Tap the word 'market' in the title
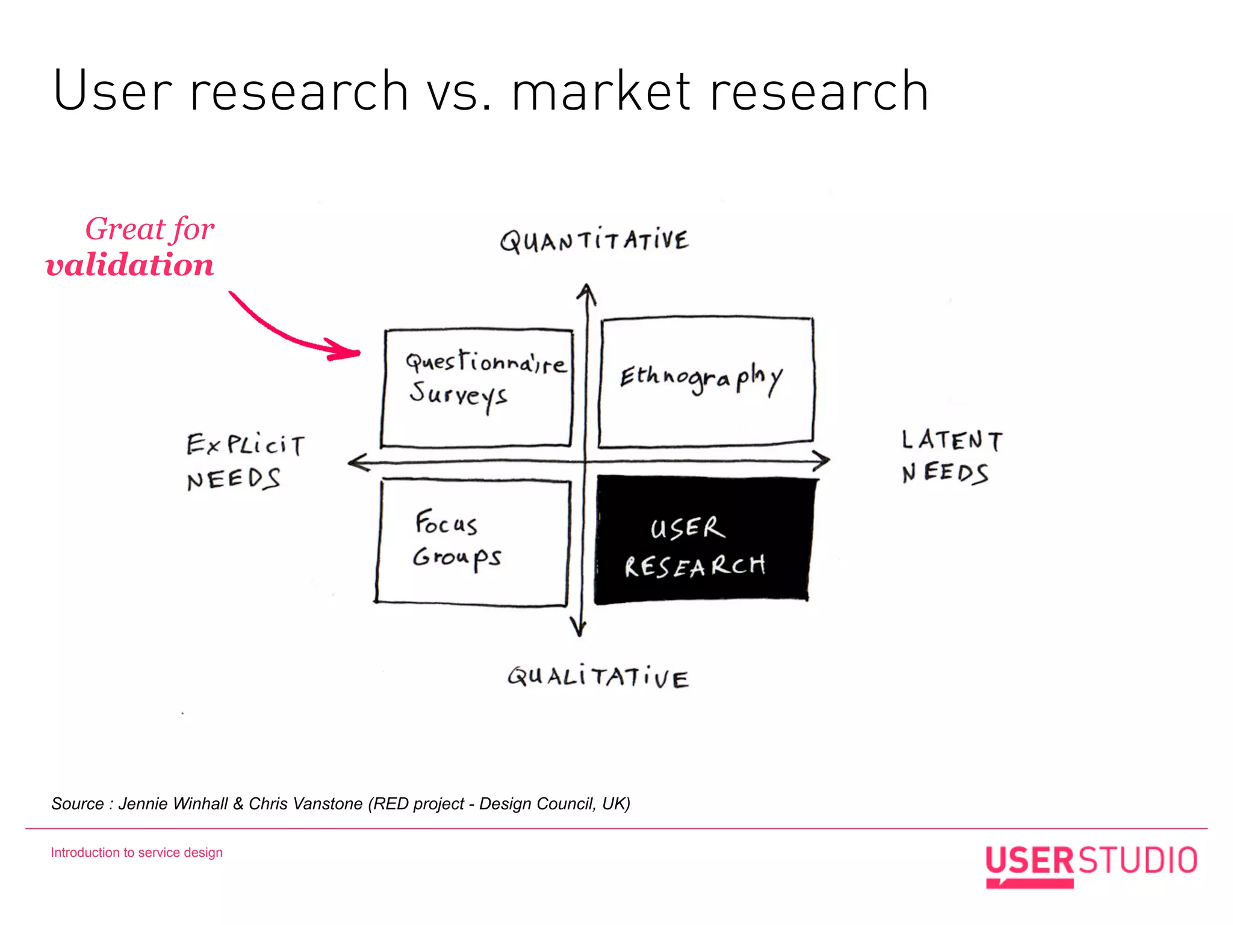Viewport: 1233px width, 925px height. pyautogui.click(x=601, y=92)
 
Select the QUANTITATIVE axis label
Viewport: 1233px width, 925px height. pyautogui.click(x=594, y=241)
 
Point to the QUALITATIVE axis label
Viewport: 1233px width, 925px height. pyautogui.click(x=598, y=677)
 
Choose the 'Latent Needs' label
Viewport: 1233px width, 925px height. pyautogui.click(x=951, y=456)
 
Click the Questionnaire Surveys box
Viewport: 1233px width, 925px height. pyautogui.click(x=477, y=388)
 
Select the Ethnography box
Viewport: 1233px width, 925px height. pyautogui.click(x=706, y=382)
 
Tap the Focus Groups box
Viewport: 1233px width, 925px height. pyautogui.click(x=473, y=541)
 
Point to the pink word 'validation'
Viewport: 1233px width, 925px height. pyautogui.click(x=129, y=265)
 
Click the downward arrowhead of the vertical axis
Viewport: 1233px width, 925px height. pyautogui.click(x=579, y=628)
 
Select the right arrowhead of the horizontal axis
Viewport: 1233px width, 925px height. pyautogui.click(x=822, y=461)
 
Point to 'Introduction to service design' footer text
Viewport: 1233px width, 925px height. pyautogui.click(x=137, y=853)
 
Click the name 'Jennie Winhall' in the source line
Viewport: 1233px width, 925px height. pyautogui.click(x=173, y=804)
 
